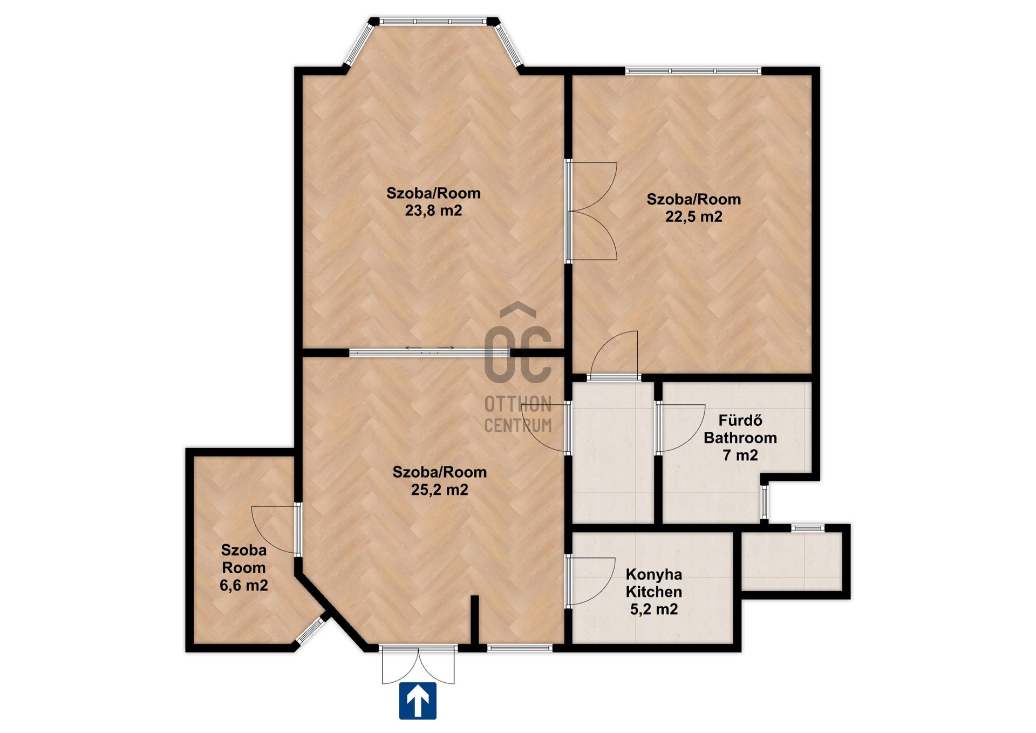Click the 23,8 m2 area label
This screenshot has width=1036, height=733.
[433, 211]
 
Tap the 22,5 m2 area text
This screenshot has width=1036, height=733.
[693, 216]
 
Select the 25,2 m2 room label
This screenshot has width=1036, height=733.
[439, 490]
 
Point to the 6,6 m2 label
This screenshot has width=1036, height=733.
[243, 585]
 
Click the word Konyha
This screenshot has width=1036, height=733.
[653, 574]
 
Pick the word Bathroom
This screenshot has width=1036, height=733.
[740, 438]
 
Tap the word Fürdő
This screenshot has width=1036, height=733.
[740, 420]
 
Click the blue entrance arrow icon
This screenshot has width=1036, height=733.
[418, 701]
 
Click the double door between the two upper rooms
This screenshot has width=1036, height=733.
[591, 211]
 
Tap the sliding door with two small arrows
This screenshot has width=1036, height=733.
[430, 352]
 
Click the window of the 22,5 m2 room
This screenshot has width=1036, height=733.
[693, 71]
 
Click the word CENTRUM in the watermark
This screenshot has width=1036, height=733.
[518, 426]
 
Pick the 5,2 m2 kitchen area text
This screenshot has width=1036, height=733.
[653, 609]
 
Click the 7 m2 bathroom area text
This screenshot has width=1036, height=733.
[740, 456]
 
